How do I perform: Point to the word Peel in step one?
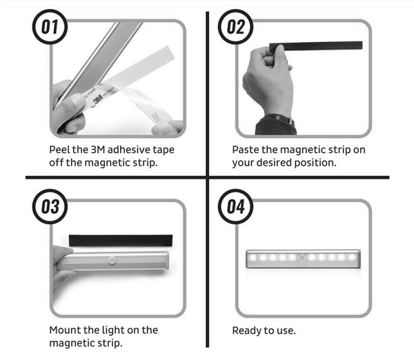click(x=60, y=149)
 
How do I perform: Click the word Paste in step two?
click(x=246, y=149)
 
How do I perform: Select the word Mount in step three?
click(x=66, y=330)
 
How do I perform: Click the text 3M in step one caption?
click(x=96, y=149)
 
